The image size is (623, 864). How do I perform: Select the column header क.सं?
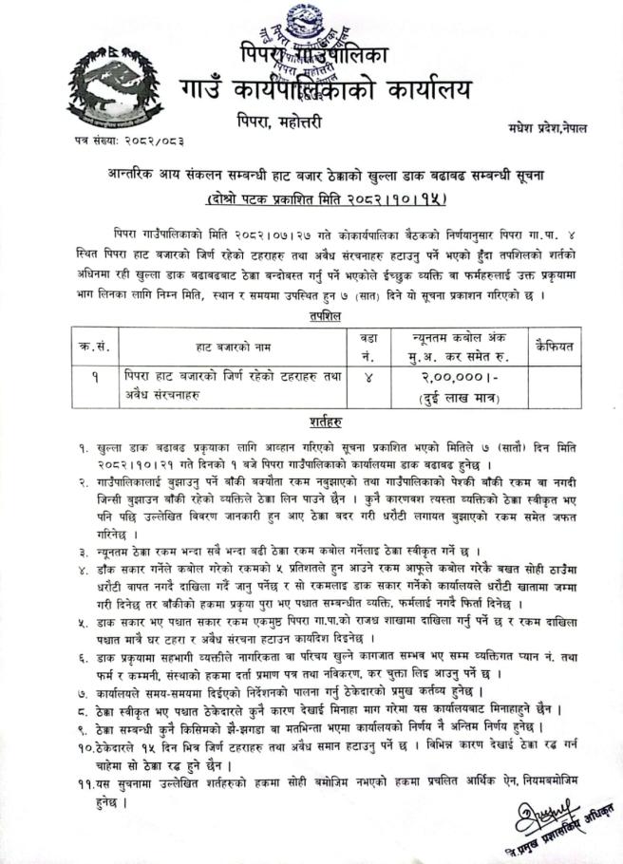(91, 347)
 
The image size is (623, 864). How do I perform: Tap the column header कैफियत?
(554, 347)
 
